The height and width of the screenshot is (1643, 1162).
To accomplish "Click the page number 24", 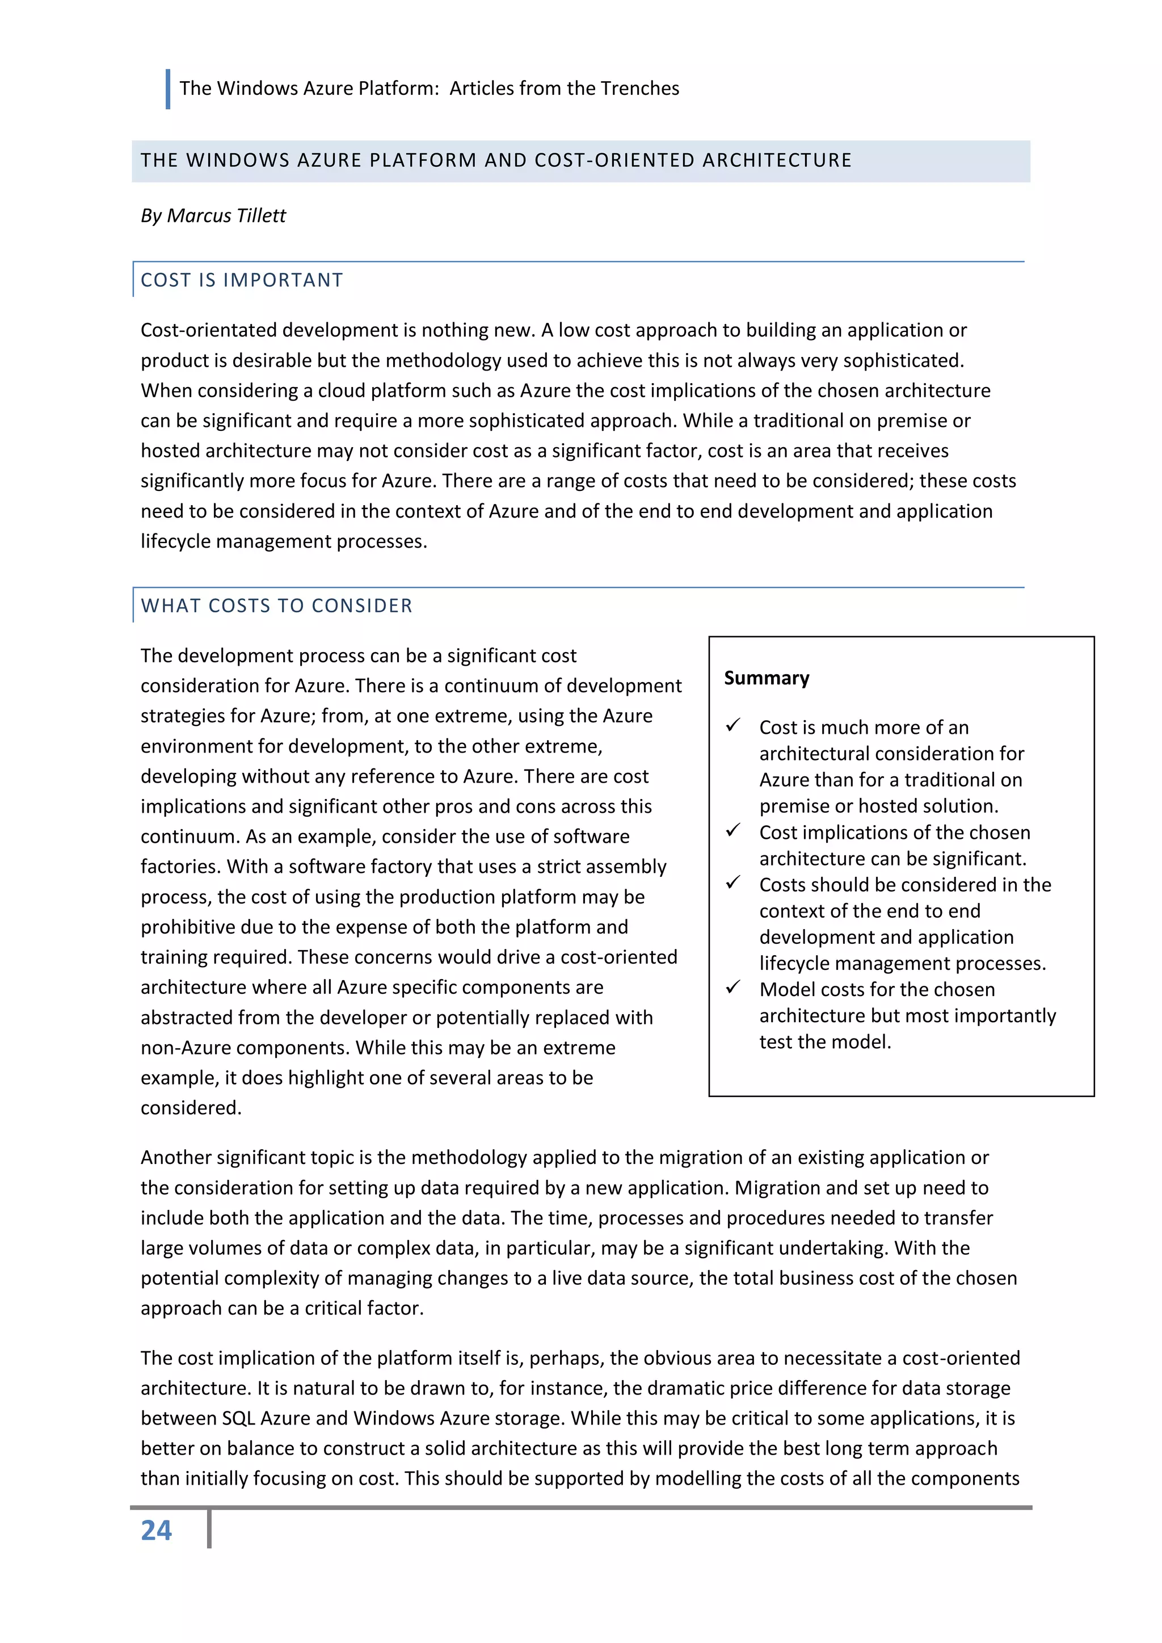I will pyautogui.click(x=156, y=1531).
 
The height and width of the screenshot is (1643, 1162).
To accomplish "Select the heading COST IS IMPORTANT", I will pyautogui.click(x=242, y=280).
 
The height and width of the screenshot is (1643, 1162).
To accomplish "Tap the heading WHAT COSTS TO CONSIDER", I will pyautogui.click(x=276, y=606).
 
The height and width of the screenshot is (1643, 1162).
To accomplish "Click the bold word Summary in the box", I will pyautogui.click(x=767, y=678).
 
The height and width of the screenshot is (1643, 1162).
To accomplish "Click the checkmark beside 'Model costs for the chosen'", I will pyautogui.click(x=732, y=988).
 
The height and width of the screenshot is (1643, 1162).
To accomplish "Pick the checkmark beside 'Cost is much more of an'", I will pyautogui.click(x=732, y=726).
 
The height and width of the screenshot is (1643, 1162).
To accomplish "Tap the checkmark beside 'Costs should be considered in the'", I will pyautogui.click(x=732, y=883).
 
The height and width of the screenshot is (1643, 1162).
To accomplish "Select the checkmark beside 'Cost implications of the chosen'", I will pyautogui.click(x=732, y=831).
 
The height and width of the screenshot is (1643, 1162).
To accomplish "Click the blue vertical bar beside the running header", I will pyautogui.click(x=167, y=89).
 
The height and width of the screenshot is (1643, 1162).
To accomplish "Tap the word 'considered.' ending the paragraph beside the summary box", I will pyautogui.click(x=191, y=1108).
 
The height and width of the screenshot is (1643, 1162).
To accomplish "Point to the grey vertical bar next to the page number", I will pyautogui.click(x=209, y=1530).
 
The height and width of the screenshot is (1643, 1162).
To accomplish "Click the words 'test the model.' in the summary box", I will pyautogui.click(x=825, y=1042).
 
